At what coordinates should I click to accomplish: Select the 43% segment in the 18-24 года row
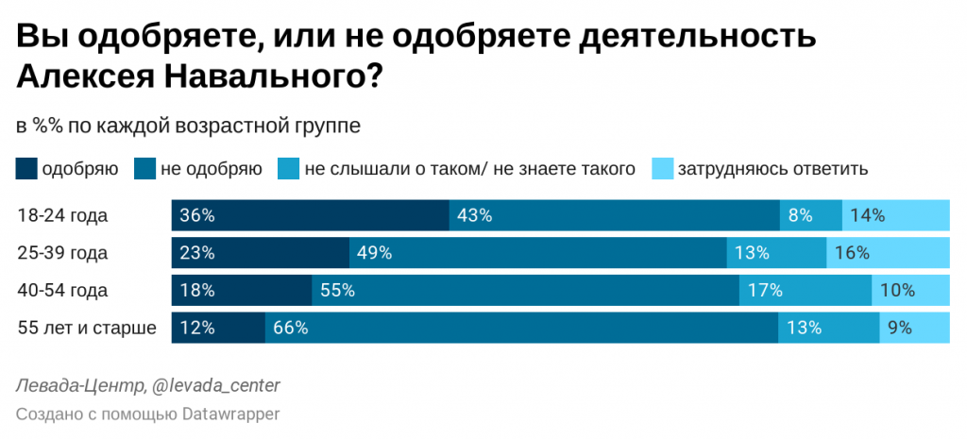coord(614,215)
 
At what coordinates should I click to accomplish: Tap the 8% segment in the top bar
coord(810,215)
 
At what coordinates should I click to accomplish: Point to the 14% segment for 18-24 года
coord(895,215)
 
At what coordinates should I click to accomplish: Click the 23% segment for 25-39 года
coord(260,253)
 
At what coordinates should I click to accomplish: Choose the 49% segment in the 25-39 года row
coord(537,253)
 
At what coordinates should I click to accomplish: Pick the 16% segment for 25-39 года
coord(888,253)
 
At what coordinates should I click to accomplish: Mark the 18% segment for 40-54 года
coord(241,291)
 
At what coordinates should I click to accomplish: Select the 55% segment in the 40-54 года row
coord(525,291)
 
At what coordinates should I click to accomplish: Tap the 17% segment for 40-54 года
coord(806,291)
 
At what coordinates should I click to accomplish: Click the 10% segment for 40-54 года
coord(910,291)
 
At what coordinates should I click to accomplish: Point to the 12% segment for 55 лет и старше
coord(217,329)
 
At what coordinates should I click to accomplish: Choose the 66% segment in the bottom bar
coord(520,329)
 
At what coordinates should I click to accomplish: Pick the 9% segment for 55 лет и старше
coord(914,329)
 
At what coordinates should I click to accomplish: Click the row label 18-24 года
coord(62,215)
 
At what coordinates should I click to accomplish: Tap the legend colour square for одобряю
coord(26,170)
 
